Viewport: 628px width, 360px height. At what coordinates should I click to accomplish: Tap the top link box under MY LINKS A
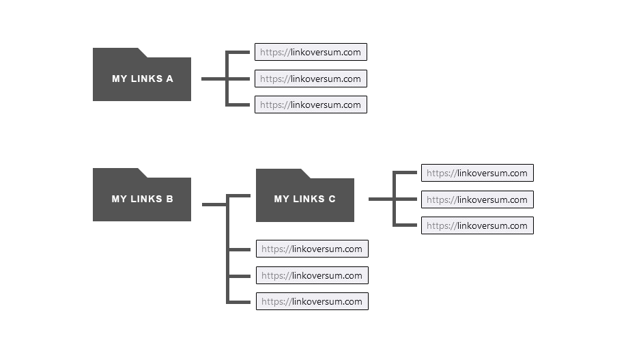(311, 52)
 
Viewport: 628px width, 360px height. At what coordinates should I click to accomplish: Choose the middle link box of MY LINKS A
(311, 79)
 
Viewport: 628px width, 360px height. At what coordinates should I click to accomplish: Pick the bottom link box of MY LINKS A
(311, 105)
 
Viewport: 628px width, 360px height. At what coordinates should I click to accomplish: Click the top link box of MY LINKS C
(477, 173)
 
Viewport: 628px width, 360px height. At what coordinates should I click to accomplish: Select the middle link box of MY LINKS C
(477, 199)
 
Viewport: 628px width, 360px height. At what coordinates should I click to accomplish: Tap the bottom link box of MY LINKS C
(477, 225)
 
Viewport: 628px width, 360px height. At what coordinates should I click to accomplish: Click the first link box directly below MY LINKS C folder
(312, 249)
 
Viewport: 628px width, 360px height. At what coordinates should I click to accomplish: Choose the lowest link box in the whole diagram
(312, 301)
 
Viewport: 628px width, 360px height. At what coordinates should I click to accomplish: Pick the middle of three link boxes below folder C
(312, 275)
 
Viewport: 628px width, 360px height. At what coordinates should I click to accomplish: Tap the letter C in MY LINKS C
(332, 199)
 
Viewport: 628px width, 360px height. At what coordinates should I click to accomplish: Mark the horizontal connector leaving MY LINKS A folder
(213, 79)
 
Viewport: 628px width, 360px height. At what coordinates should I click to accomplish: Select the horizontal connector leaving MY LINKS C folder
(380, 199)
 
